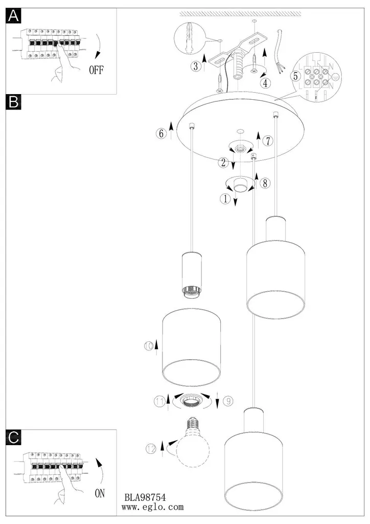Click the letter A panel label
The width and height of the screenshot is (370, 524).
coord(14,17)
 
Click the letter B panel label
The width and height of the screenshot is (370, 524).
coord(14,102)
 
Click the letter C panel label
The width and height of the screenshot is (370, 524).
coord(14,436)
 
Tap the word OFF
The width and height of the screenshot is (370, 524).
coord(96,70)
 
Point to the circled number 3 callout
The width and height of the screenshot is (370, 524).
coord(195,66)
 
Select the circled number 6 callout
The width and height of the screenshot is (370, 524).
coord(161,134)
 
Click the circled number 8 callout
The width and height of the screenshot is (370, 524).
coord(264,182)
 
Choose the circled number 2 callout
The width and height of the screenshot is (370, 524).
coord(223,163)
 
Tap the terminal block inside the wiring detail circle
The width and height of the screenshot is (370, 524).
coord(316,77)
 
